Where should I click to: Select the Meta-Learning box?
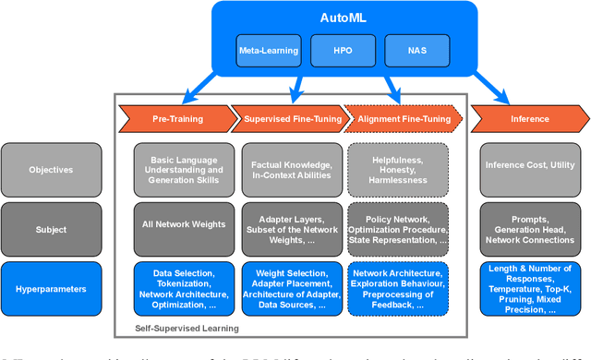coord(268,50)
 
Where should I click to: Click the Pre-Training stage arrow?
coord(173,118)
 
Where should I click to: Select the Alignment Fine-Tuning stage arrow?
coord(399,118)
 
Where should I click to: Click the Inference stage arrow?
coord(528,118)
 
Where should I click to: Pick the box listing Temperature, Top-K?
coord(529,288)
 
